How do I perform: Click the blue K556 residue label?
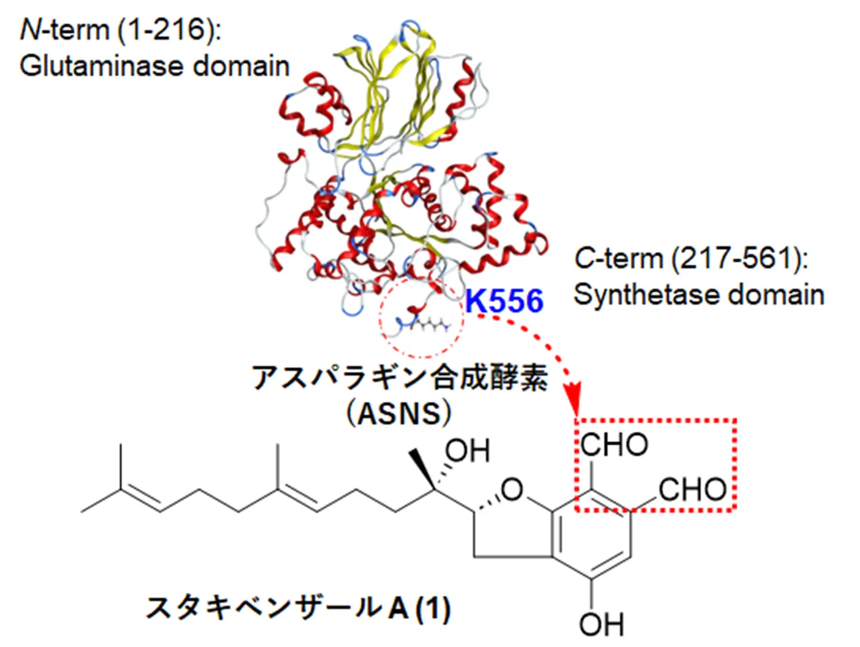click(x=504, y=300)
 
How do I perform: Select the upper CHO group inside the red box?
click(x=614, y=445)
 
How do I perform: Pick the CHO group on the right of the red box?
click(x=693, y=489)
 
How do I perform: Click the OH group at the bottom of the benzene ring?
click(x=601, y=624)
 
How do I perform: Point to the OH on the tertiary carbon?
click(x=468, y=451)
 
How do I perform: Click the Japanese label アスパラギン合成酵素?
click(x=400, y=377)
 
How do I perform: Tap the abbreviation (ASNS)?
click(x=399, y=413)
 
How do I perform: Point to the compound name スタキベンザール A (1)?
click(x=298, y=608)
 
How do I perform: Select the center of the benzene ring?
click(x=592, y=534)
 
